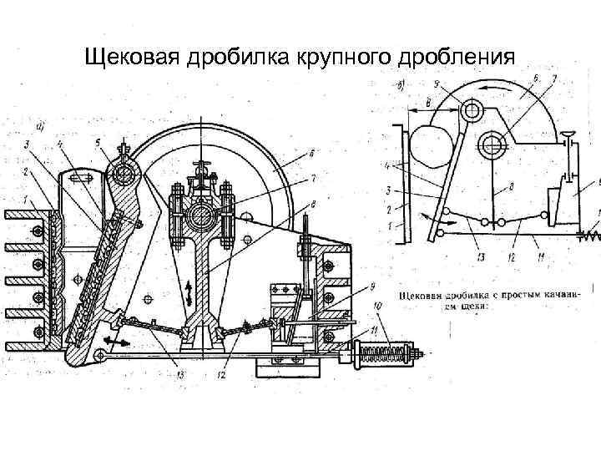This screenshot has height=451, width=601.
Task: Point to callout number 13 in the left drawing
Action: click(180, 375)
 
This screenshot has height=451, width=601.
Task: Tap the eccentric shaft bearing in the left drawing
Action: click(199, 216)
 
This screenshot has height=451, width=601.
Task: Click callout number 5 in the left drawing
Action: click(98, 143)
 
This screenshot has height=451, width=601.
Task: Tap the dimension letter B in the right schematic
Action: click(427, 102)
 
